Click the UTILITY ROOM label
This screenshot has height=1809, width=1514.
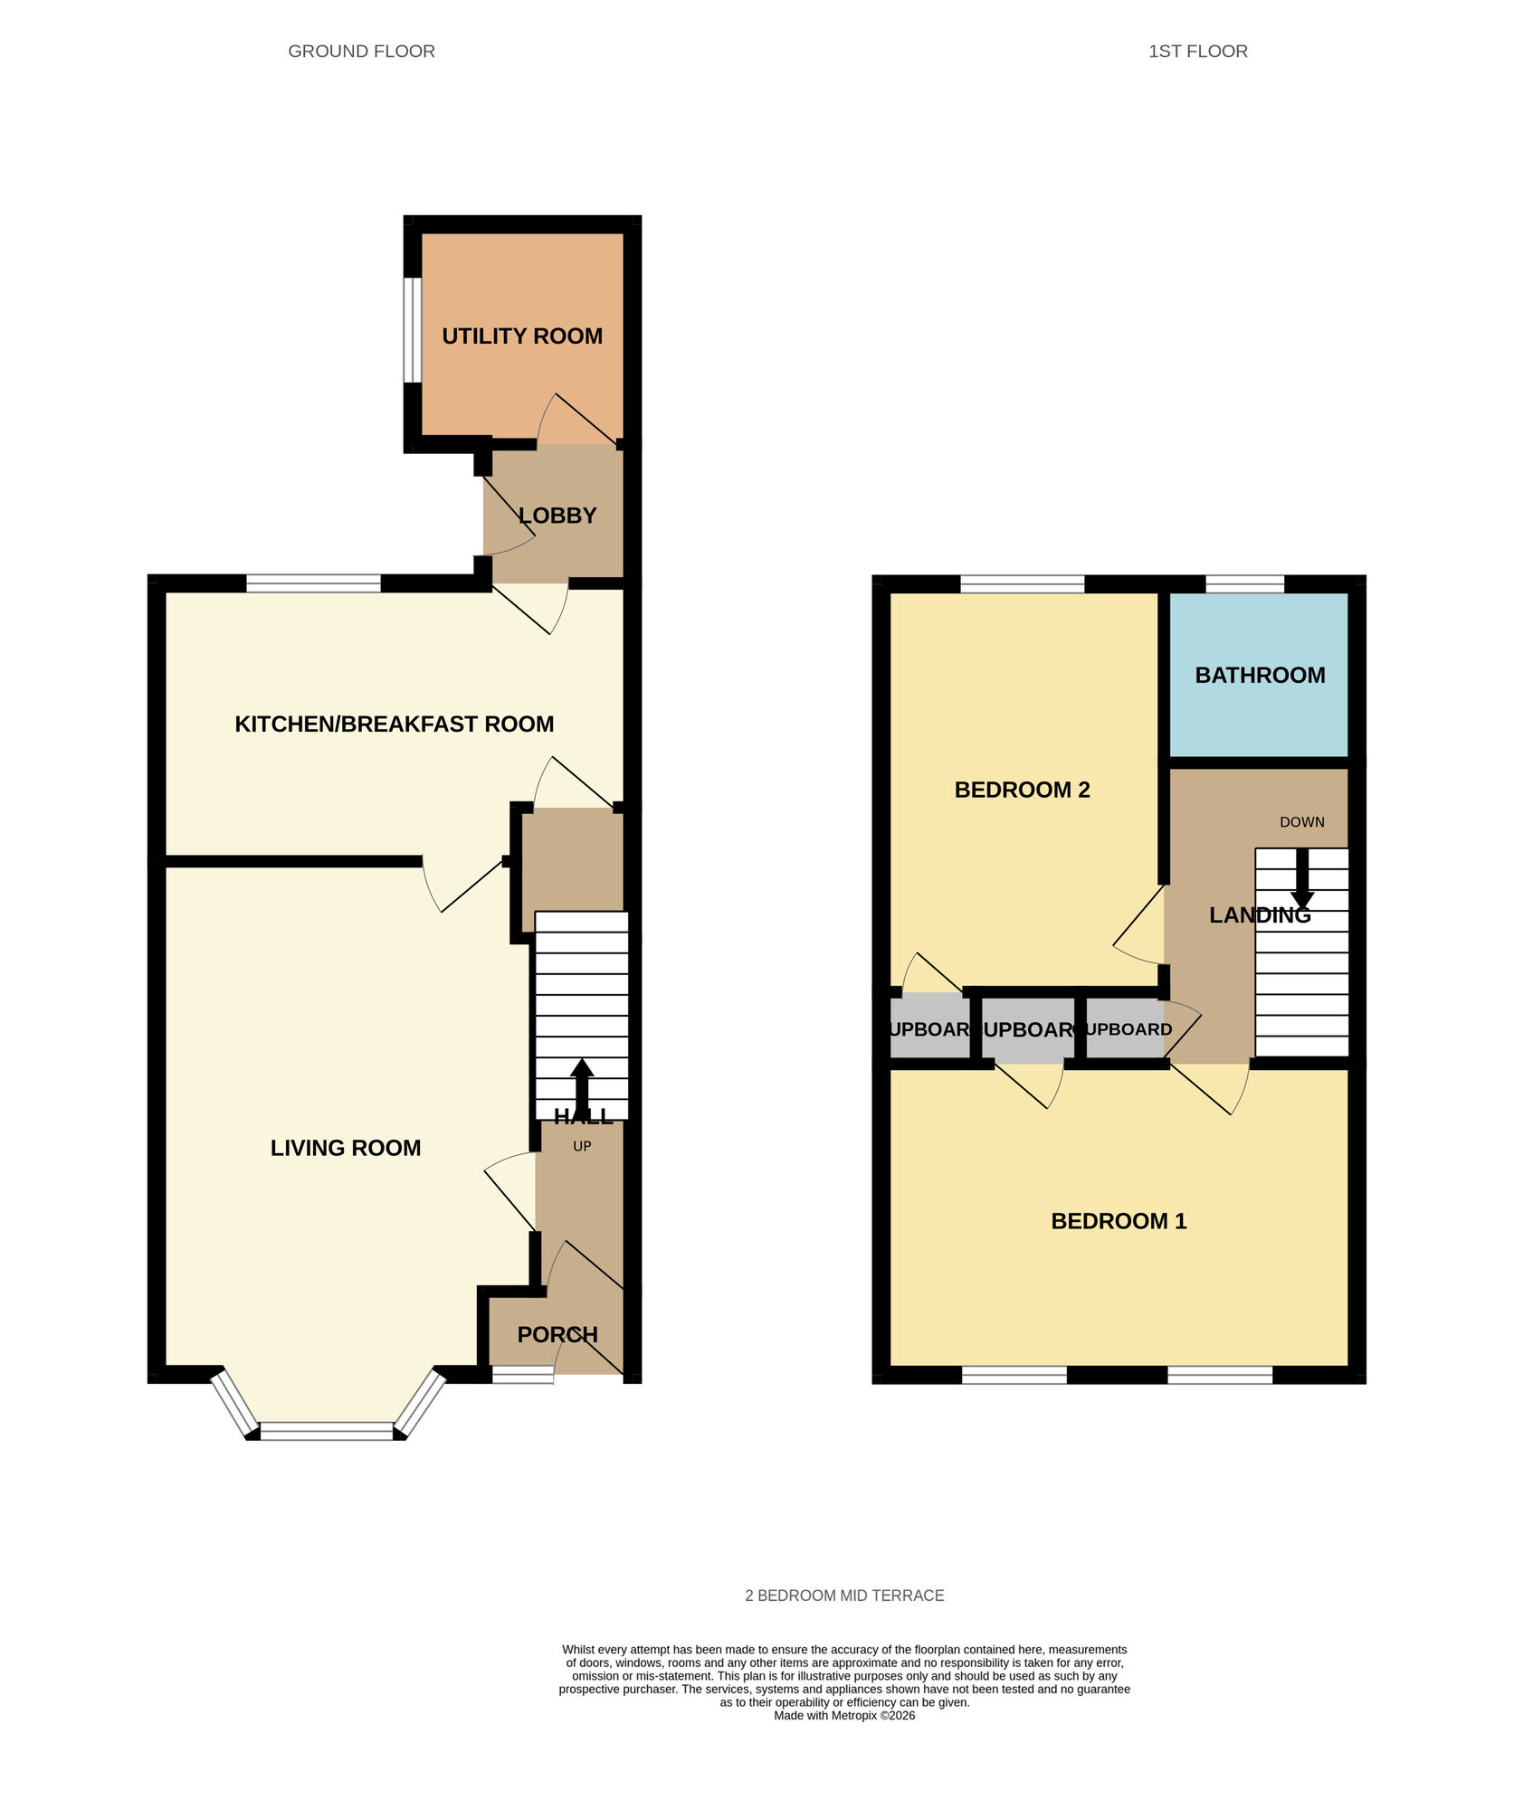click(x=522, y=336)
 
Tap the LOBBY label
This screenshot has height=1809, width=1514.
click(x=557, y=516)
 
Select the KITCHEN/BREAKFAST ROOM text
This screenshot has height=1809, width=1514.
click(x=394, y=724)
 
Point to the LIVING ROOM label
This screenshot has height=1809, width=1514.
click(x=346, y=1148)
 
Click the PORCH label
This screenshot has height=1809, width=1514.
click(x=557, y=1334)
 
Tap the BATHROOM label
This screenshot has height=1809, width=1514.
click(x=1260, y=675)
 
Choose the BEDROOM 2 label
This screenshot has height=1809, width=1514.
click(x=1022, y=790)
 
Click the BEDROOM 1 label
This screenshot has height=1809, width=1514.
click(x=1119, y=1221)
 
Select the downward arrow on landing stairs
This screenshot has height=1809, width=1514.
click(x=1302, y=877)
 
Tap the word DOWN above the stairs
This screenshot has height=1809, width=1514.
click(x=1301, y=822)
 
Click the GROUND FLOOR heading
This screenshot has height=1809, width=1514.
click(x=361, y=52)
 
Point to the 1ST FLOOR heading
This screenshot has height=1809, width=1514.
click(x=1197, y=52)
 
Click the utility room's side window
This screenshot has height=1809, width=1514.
click(x=413, y=330)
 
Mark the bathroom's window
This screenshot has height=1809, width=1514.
click(x=1244, y=584)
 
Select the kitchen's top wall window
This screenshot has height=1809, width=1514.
click(x=313, y=584)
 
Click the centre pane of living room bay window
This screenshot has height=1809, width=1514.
click(x=327, y=1431)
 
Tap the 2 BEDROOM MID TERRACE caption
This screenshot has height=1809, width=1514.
click(x=844, y=1596)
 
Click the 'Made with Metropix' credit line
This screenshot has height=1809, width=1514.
click(x=844, y=1716)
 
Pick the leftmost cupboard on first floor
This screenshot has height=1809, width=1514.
click(x=929, y=1028)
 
